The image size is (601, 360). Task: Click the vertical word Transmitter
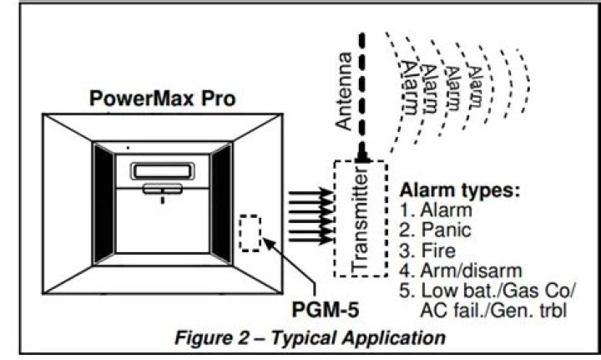(361, 218)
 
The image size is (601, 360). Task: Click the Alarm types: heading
(461, 190)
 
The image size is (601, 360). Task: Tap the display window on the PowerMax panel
(162, 170)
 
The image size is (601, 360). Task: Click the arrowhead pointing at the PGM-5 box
(266, 243)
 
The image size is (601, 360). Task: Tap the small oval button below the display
(162, 190)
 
